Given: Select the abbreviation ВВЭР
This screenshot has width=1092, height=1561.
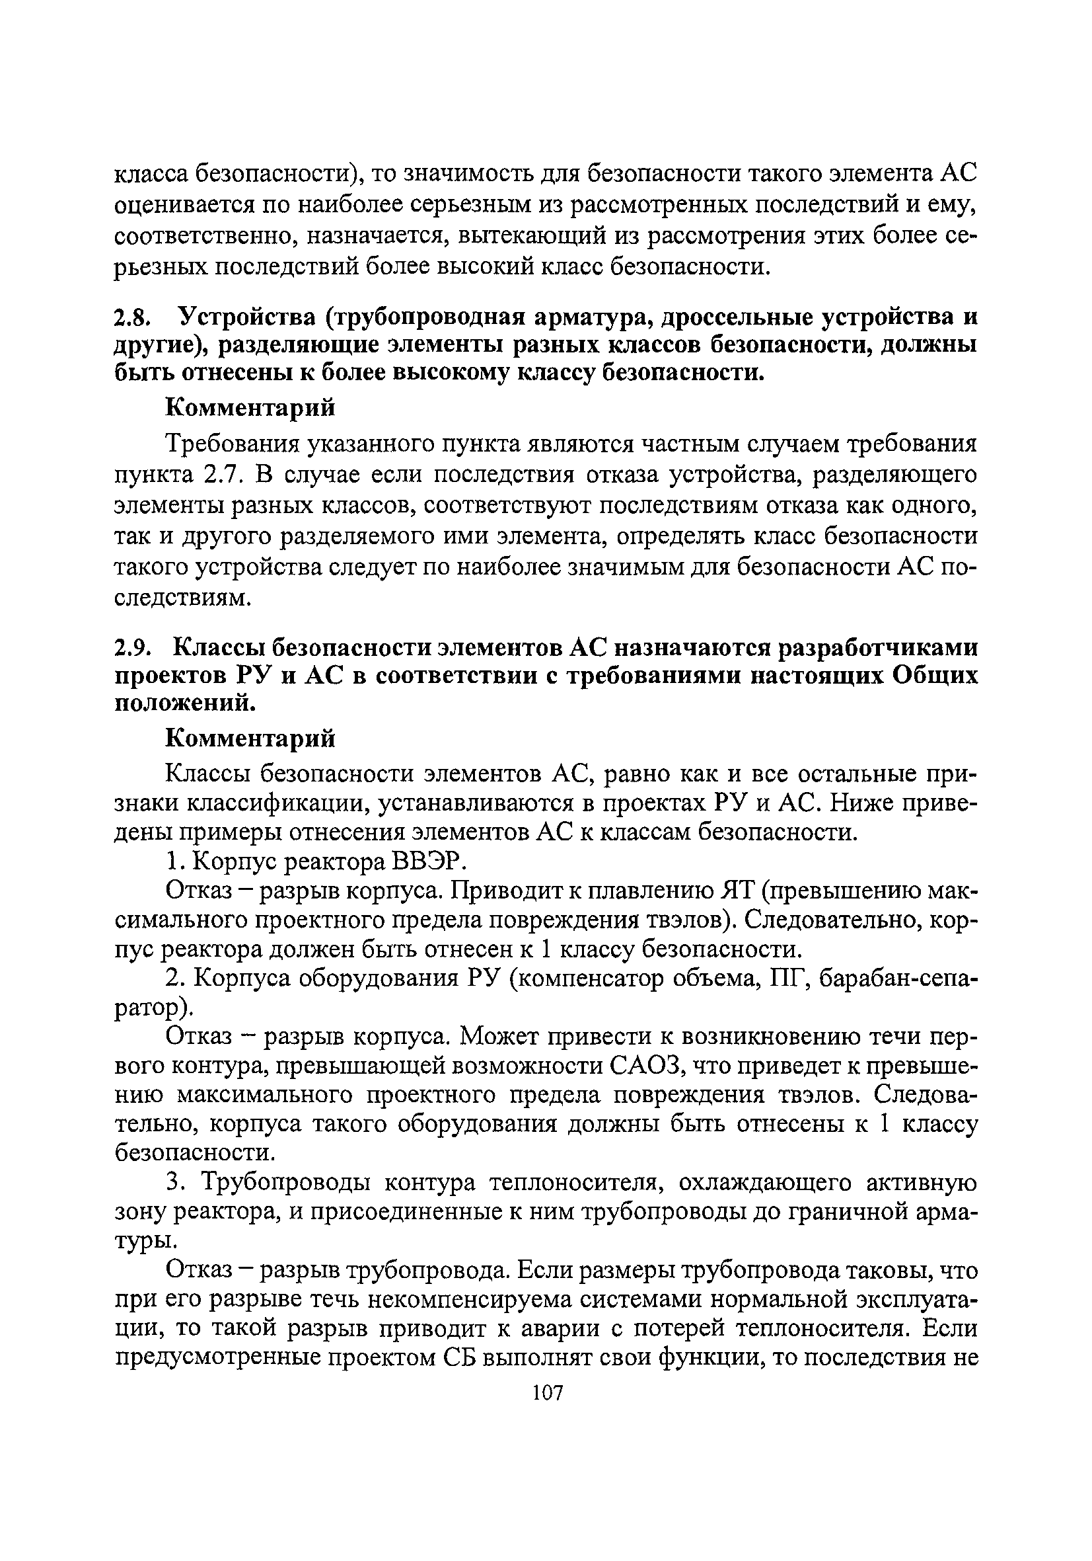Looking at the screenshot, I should coord(429,862).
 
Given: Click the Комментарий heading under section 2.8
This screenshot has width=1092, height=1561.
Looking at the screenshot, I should coord(251,408).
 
